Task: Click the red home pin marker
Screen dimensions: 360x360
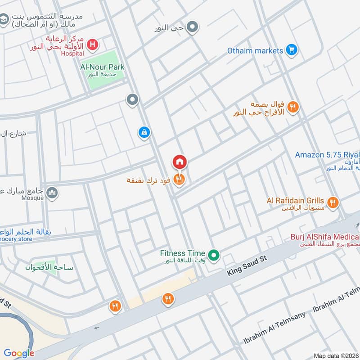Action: pos(179,162)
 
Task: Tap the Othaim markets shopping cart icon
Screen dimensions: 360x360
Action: pos(292,50)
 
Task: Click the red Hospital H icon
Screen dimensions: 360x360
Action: pos(93,44)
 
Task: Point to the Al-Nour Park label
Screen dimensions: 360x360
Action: pos(102,67)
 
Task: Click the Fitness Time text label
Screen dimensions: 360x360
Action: pos(182,253)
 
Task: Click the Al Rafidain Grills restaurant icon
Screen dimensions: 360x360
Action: pos(333,202)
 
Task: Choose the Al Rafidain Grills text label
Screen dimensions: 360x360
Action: pos(295,199)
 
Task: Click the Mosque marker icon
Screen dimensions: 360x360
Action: pos(52,193)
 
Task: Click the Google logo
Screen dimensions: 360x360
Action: pos(19,353)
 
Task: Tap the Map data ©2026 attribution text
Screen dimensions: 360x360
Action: pos(336,356)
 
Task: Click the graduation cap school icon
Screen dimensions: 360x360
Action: pos(4,20)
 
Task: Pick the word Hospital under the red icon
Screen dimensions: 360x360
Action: pos(73,54)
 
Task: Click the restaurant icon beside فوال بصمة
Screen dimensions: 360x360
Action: pos(293,107)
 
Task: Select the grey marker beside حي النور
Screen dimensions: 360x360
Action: pos(193,28)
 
